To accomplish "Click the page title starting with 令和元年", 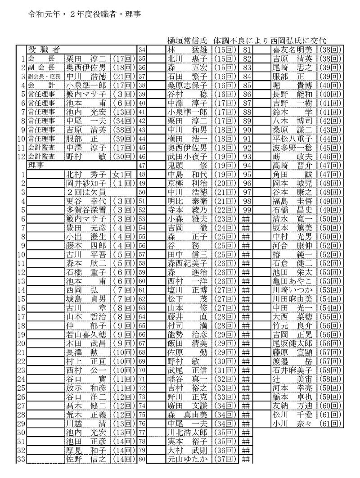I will point(84,14).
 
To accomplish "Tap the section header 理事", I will point(36,166).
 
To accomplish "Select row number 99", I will point(246,209).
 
